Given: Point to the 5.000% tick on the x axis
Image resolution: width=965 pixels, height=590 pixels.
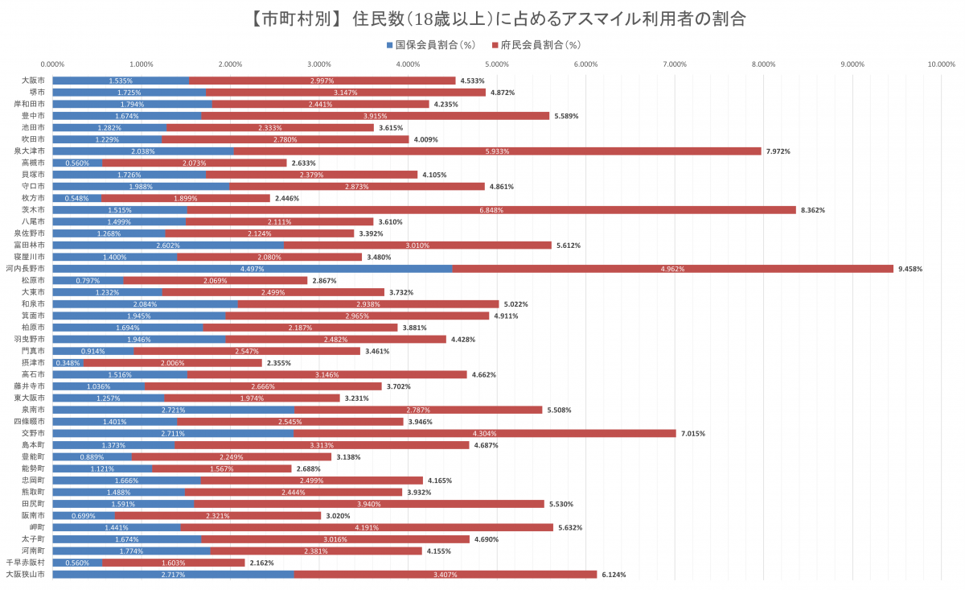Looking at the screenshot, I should click(x=497, y=64).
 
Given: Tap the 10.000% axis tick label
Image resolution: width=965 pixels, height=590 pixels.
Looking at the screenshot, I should click(x=941, y=64).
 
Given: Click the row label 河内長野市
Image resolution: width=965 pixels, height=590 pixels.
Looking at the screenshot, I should click(x=25, y=269).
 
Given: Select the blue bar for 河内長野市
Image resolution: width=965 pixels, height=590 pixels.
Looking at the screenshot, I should click(x=252, y=269).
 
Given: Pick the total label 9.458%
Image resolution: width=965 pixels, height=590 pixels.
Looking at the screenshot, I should click(x=910, y=269).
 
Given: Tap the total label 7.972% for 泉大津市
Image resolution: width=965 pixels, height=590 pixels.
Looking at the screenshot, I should click(x=778, y=151).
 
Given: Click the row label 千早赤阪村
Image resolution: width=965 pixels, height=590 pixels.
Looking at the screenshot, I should click(x=25, y=563).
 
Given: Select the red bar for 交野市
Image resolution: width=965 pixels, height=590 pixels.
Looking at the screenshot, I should click(x=485, y=433).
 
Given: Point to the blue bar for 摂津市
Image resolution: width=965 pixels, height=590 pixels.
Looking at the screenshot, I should click(x=68, y=363).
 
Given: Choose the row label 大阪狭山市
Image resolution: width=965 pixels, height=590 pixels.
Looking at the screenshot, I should click(x=25, y=575).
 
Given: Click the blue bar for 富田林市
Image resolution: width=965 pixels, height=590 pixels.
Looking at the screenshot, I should click(x=168, y=245).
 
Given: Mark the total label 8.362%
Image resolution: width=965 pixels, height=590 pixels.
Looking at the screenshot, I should click(x=813, y=210).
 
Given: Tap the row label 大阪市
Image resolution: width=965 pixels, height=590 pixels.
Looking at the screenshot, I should click(x=33, y=80).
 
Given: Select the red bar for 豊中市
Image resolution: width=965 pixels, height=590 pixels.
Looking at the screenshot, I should click(x=375, y=116).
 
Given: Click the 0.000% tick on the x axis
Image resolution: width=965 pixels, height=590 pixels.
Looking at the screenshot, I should click(x=53, y=64).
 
